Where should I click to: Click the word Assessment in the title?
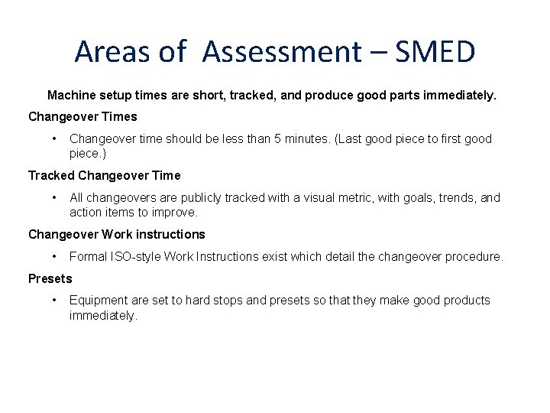click(x=283, y=52)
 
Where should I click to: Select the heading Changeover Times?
click(x=82, y=117)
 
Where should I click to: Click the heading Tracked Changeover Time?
click(x=105, y=176)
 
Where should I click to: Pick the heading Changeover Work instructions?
click(x=117, y=234)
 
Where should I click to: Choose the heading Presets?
click(x=50, y=278)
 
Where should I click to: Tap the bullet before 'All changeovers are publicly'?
click(x=54, y=197)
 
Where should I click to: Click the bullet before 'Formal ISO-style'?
click(x=54, y=256)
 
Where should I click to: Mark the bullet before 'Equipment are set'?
click(x=54, y=300)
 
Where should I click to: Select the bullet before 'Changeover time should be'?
click(x=54, y=138)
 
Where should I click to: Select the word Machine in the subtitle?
click(x=72, y=96)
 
